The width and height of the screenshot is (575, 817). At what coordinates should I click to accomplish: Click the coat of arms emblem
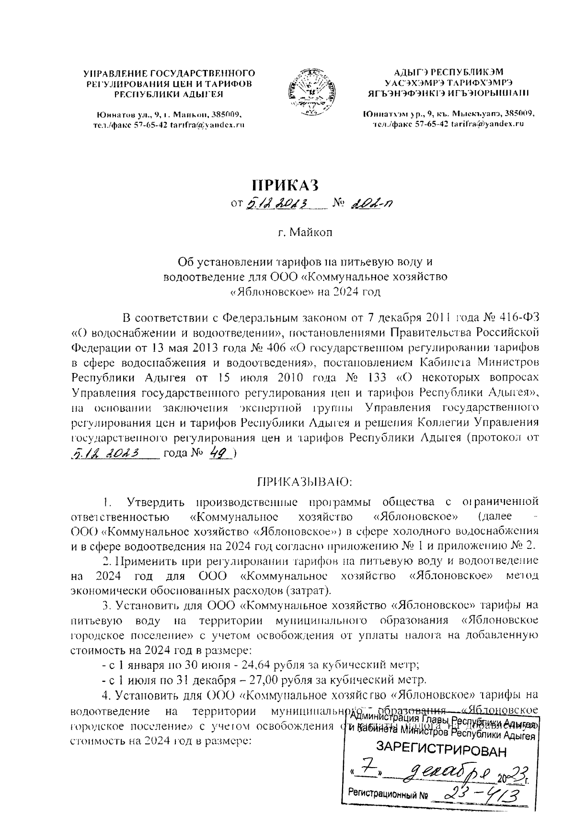307,93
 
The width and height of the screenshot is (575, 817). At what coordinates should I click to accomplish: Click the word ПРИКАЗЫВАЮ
305,480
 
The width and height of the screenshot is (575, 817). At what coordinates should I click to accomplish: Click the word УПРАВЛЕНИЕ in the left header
115,73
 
